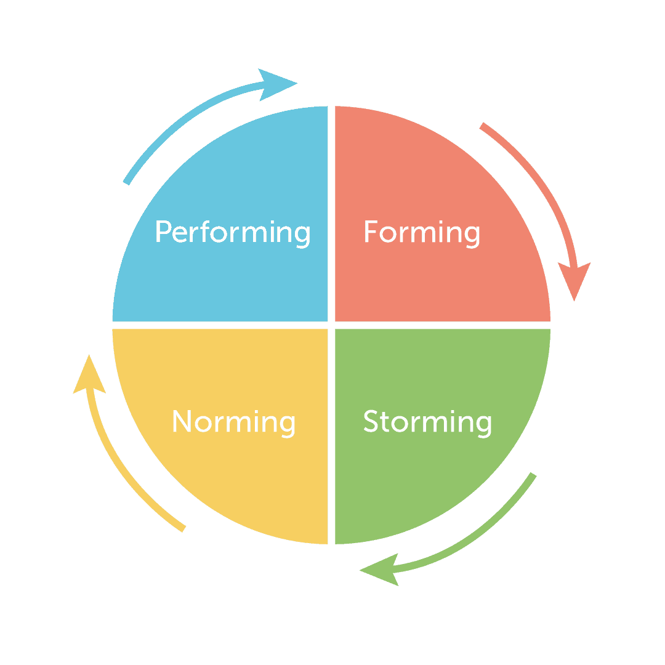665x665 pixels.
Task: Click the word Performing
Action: point(233,232)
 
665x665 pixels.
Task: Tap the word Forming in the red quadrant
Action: point(422,232)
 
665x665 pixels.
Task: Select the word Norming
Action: point(233,422)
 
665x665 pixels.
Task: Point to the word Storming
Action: point(427,422)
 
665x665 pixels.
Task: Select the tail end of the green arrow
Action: point(533,475)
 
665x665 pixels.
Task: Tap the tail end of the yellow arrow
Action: point(183,529)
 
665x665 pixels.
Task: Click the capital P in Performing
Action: point(163,232)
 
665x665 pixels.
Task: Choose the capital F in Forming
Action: point(371,232)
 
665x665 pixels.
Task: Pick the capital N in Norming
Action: point(181,421)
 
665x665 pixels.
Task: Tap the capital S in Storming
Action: point(370,421)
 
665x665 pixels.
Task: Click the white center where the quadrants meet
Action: point(331,325)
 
